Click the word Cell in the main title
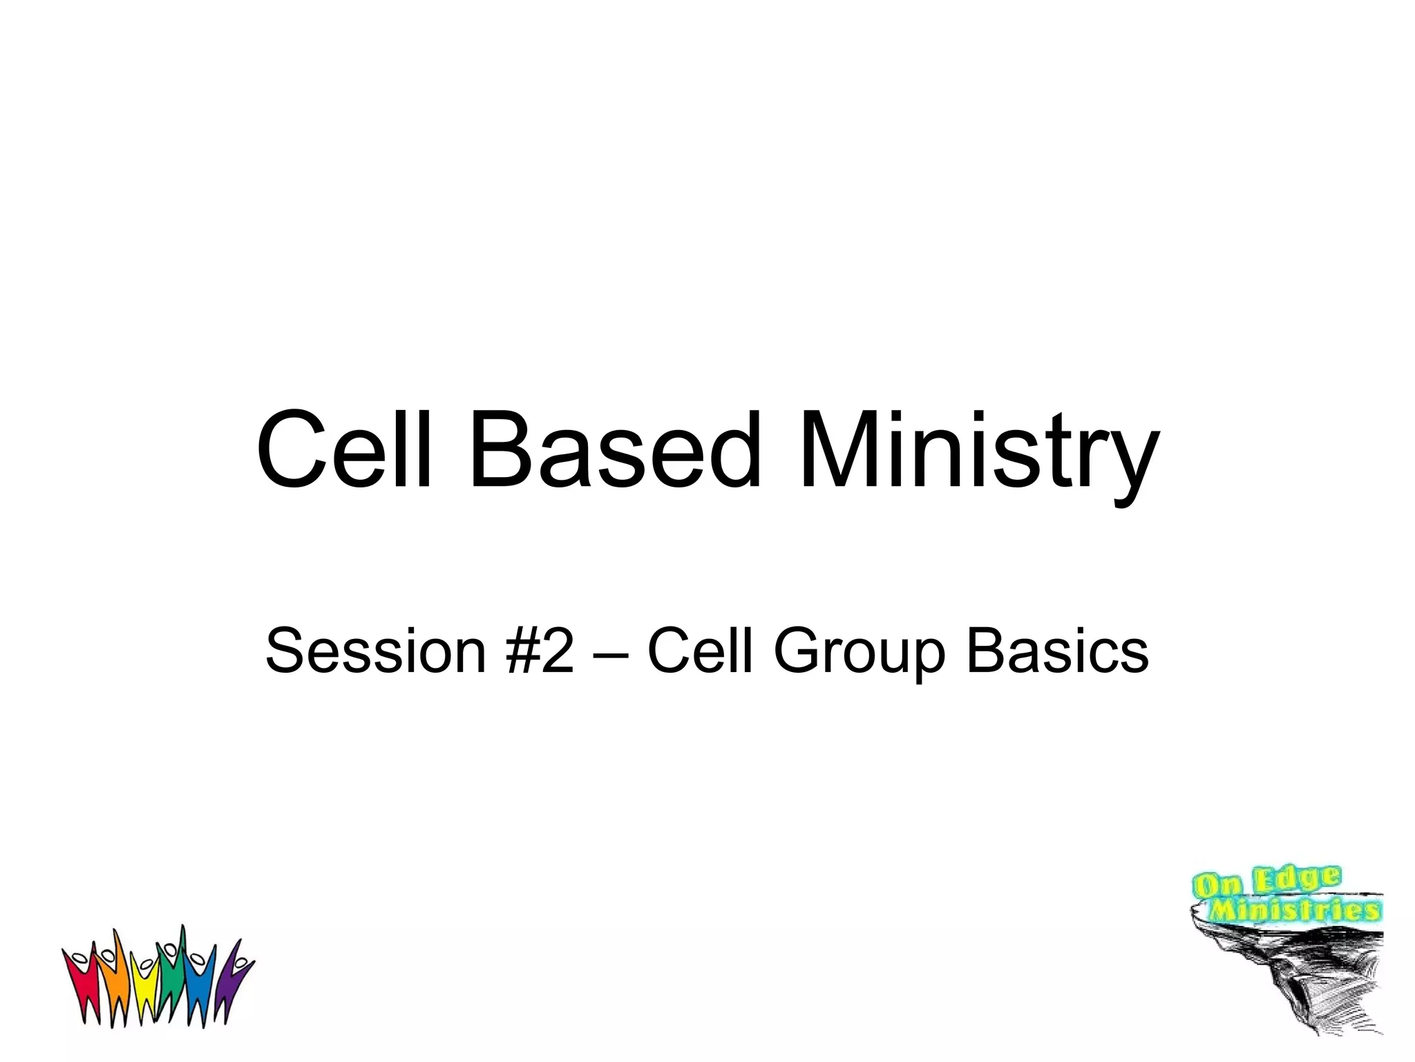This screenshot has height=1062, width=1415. point(344,451)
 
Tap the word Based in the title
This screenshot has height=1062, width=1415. point(614,451)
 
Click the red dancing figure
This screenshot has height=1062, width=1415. point(81,982)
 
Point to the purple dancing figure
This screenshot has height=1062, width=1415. point(231,982)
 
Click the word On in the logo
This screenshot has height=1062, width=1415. point(1218,886)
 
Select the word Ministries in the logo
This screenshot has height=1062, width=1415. point(1295,910)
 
